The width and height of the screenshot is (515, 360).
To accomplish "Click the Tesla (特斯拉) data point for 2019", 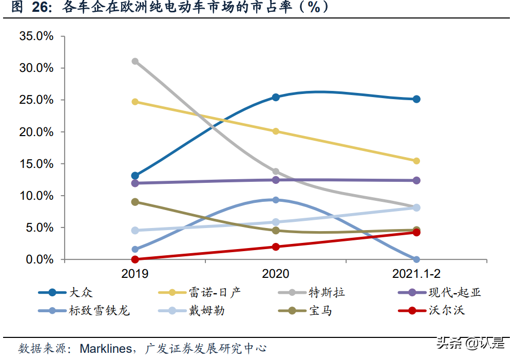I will [135, 61].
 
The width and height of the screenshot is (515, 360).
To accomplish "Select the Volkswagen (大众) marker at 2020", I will [276, 97].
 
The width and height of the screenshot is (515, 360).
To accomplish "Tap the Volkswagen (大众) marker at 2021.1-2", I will [416, 99].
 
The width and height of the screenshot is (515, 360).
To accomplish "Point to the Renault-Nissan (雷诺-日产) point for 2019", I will [135, 102].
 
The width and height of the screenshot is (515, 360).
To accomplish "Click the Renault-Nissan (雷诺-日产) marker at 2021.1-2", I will [416, 161].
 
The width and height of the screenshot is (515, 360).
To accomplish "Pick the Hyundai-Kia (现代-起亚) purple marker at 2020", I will [276, 180].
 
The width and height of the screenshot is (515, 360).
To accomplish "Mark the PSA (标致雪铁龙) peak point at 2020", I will [276, 200].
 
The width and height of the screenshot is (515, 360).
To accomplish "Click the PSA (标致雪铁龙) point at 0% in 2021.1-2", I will [416, 259].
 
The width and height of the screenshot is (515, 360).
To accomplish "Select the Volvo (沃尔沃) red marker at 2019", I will [135, 259].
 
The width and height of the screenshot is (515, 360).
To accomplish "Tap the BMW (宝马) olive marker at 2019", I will [135, 202].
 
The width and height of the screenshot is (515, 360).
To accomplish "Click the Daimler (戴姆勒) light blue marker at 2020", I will [276, 222].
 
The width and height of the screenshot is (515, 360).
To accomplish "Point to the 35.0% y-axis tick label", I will [36, 36].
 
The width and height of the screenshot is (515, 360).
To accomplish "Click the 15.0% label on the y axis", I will [36, 164].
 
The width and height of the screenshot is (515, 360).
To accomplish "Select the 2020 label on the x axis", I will [276, 274].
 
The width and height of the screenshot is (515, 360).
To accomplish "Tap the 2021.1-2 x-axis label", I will [416, 274].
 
